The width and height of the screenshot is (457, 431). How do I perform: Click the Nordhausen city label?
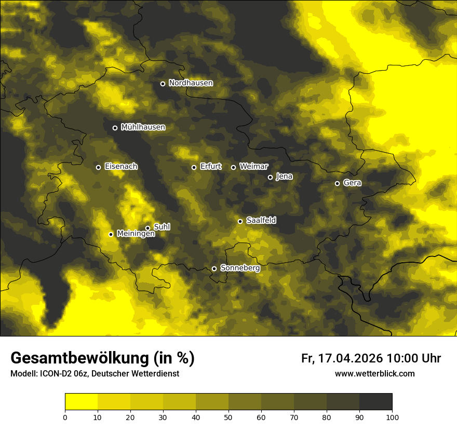[x=191, y=83]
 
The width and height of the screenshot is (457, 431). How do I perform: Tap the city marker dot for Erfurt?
[x=194, y=167]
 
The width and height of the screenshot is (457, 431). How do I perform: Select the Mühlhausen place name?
[x=143, y=127]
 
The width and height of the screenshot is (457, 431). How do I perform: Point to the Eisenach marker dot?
[x=98, y=167]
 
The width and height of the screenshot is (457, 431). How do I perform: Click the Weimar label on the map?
[x=253, y=167]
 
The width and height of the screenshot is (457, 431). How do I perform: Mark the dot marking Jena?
[x=270, y=177]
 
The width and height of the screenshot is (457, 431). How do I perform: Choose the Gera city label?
[x=352, y=183]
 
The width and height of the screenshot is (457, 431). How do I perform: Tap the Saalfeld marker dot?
[x=240, y=221]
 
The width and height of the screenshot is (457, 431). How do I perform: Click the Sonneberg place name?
[x=240, y=268]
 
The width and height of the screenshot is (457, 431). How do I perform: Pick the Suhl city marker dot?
[x=147, y=228]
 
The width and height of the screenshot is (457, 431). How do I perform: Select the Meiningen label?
[x=136, y=234]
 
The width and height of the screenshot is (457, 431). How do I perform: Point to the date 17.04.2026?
[x=350, y=358]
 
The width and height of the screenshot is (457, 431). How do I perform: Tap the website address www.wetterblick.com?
[x=374, y=373]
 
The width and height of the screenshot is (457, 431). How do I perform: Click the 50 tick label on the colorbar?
[x=228, y=416]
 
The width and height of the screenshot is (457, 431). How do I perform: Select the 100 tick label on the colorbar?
[x=392, y=416]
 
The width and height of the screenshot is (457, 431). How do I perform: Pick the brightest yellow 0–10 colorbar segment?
[x=81, y=402]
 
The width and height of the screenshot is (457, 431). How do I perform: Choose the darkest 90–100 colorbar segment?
[x=375, y=402]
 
